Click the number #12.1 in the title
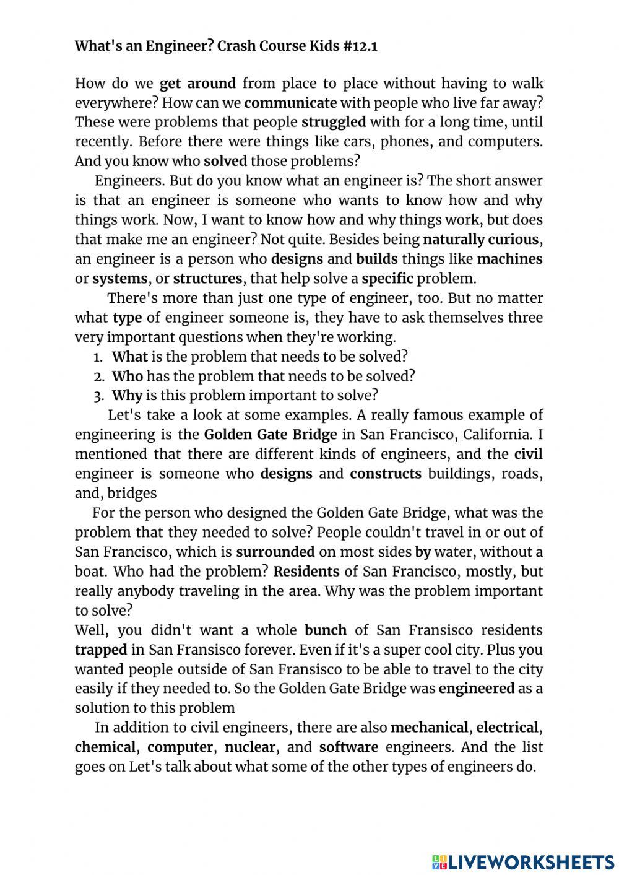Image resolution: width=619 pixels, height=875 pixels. pos(359,46)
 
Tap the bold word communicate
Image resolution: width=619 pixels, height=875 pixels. pos(290,103)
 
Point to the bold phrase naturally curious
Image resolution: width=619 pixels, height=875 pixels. pos(480,239)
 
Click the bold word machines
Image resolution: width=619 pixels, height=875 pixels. pos(509,259)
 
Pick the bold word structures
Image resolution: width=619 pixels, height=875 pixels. pos(207,279)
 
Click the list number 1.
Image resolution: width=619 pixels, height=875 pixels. pos(97,357)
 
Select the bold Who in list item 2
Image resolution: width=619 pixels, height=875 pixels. pos(127,377)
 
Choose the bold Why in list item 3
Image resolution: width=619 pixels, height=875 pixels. pos(127,396)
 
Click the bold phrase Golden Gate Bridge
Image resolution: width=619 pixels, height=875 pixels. pos(271,435)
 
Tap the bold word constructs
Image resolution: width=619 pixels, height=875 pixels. pos(385,474)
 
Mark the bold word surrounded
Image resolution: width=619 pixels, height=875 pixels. pos(275,552)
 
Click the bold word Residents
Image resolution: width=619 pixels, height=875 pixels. pos(306,572)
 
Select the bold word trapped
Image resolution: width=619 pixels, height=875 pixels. pos(101,650)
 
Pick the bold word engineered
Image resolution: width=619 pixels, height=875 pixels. pos(476,689)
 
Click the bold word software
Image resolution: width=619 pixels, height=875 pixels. pos(348,747)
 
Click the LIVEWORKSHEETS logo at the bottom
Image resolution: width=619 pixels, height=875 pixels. pos(523,861)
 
